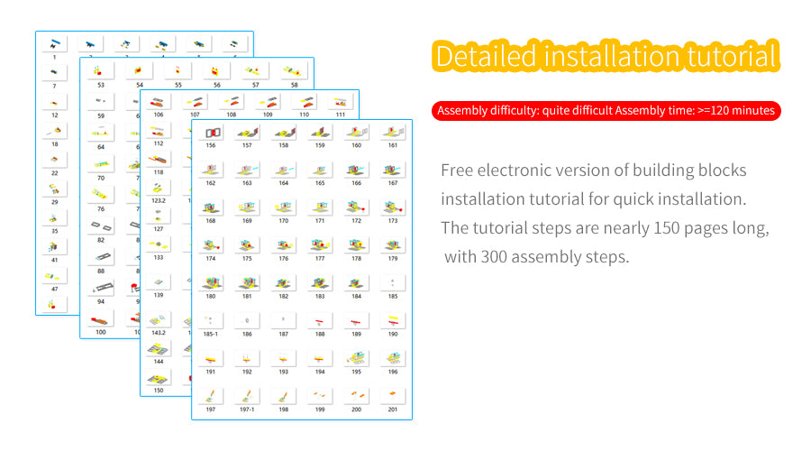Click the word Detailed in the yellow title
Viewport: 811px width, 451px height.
487,57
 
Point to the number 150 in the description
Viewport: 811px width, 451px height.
666,228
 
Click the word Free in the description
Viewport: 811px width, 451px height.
457,170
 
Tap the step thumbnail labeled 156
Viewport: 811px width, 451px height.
211,133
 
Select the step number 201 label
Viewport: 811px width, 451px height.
393,410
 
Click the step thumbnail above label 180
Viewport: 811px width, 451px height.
211,282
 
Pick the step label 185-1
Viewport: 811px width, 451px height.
211,335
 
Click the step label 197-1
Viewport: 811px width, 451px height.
247,410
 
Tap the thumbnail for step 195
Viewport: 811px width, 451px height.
356,358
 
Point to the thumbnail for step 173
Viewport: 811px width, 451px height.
393,207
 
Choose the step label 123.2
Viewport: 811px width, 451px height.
159,200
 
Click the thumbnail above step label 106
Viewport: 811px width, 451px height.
159,102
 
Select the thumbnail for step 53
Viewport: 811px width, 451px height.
101,71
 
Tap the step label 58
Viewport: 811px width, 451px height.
295,85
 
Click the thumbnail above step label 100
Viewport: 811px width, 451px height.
101,319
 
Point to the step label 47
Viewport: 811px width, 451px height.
54,289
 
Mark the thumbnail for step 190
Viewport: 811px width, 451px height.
393,320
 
